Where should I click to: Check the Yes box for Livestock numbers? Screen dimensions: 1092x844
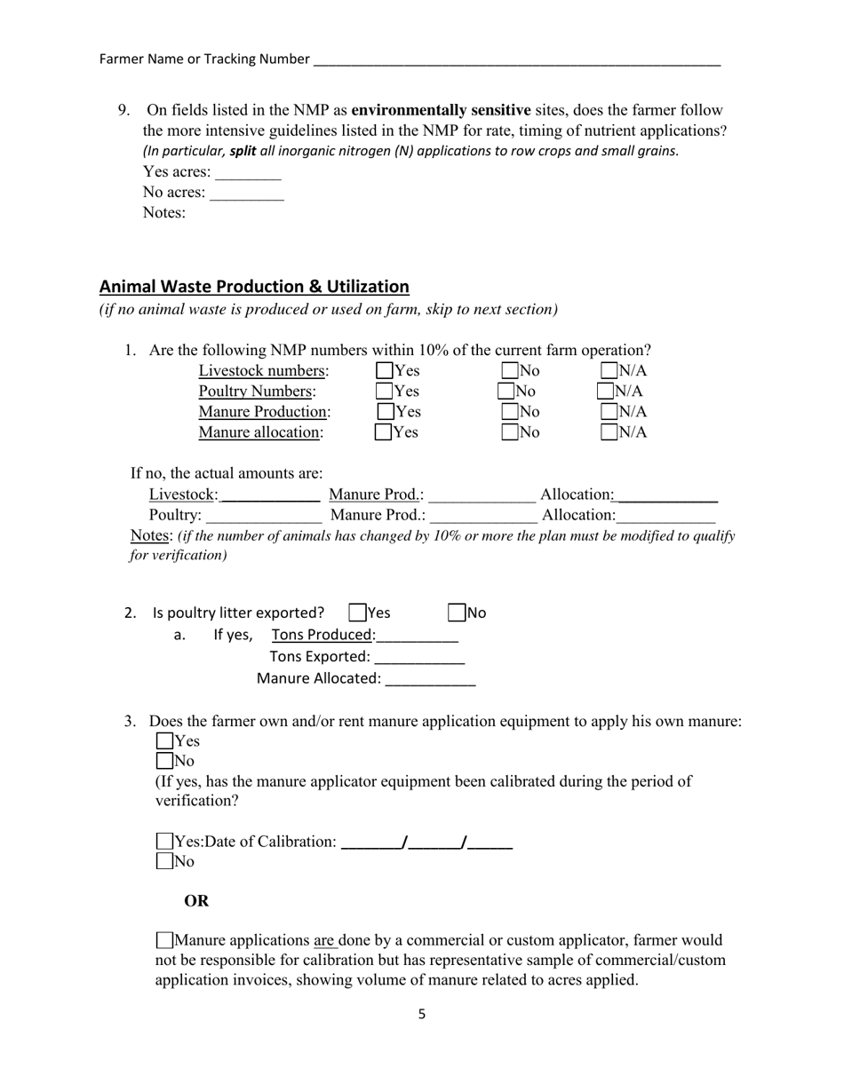coord(385,370)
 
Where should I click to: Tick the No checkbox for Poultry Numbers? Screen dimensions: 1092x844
coord(506,391)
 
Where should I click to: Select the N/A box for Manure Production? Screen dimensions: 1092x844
coord(609,411)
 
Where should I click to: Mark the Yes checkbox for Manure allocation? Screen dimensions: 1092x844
coord(384,432)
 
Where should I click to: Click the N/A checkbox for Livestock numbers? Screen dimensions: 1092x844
coord(609,370)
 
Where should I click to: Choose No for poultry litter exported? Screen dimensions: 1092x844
coord(457,613)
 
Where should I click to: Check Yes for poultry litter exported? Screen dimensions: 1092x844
coord(358,613)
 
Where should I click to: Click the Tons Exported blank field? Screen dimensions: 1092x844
coord(419,658)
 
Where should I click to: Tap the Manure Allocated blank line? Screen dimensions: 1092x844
coord(430,679)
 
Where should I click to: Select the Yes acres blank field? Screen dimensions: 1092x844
coord(248,173)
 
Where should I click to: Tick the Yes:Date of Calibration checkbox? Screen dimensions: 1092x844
coord(164,841)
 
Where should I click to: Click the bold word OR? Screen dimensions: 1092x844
coord(196,901)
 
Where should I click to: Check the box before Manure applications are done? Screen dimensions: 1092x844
coord(164,940)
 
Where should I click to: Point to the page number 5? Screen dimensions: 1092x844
coord(422,1014)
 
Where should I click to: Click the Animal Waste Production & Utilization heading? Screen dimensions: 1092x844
coord(254,287)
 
